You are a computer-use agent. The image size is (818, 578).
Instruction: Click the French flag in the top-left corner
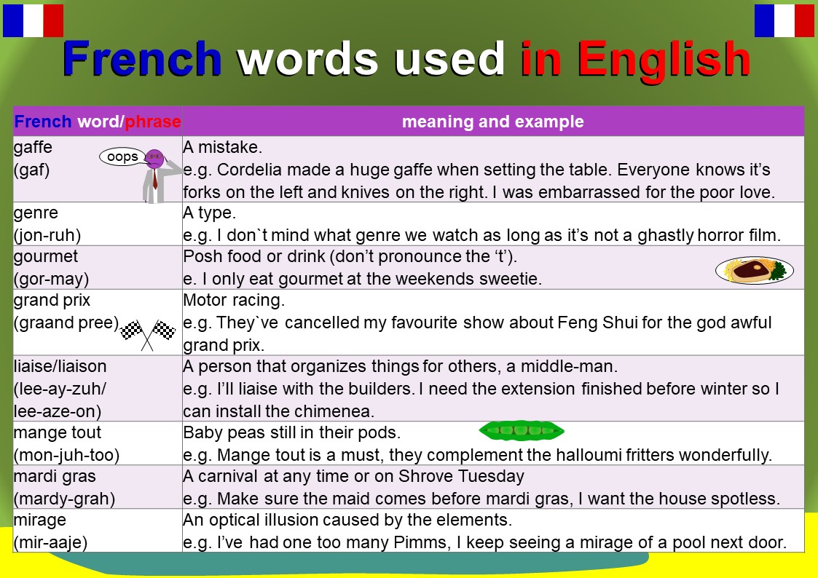tap(33, 20)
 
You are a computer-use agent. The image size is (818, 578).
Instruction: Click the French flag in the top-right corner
tap(784, 20)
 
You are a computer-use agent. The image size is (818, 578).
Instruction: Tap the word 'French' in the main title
tap(142, 59)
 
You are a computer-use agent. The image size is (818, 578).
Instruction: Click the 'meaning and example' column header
tap(492, 122)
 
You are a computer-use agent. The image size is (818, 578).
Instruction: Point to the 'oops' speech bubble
tap(122, 157)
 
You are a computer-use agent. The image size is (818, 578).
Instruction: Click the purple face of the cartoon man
tap(154, 158)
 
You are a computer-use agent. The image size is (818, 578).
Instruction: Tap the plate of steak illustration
tap(754, 270)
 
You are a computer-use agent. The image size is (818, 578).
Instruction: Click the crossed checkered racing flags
tap(148, 333)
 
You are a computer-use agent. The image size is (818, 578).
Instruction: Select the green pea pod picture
tap(522, 431)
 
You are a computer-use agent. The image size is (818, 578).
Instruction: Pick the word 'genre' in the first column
tap(36, 213)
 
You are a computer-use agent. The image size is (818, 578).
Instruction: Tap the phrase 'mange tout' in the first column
tap(58, 432)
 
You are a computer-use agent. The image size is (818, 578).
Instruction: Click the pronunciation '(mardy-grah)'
tap(64, 499)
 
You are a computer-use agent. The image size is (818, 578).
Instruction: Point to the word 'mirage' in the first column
tap(40, 520)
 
